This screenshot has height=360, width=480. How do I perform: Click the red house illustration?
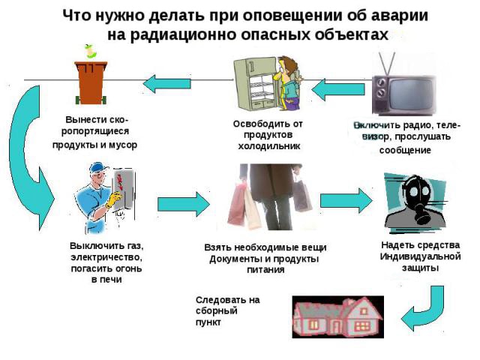337,316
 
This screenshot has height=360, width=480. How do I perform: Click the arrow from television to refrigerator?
337,91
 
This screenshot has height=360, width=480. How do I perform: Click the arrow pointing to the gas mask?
346,199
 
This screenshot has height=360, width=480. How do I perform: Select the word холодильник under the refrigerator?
268,146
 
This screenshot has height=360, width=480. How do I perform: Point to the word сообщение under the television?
404,151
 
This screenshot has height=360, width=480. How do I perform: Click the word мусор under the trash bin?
123,144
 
